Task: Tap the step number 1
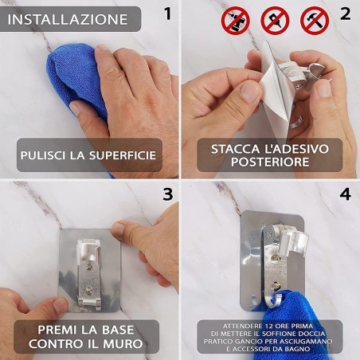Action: point(165,14)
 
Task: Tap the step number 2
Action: point(344,14)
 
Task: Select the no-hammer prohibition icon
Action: point(315,20)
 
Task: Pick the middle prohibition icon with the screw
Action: point(276,20)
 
